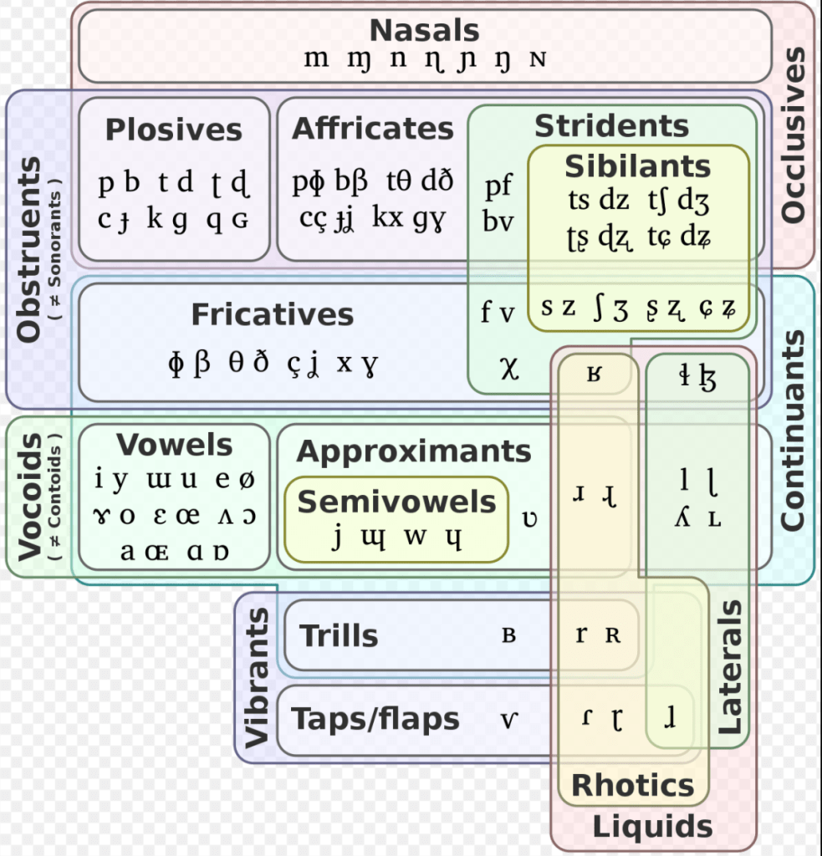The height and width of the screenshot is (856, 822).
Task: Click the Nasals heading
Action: pyautogui.click(x=424, y=31)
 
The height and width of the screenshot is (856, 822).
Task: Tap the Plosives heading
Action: pyautogui.click(x=173, y=130)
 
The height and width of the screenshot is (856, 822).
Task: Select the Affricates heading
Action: pyautogui.click(x=372, y=129)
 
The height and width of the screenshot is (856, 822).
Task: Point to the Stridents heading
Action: pyautogui.click(x=611, y=126)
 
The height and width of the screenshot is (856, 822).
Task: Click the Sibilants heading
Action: pyautogui.click(x=637, y=166)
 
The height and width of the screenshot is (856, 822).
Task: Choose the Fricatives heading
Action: pyautogui.click(x=272, y=314)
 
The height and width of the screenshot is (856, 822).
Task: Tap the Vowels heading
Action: pyautogui.click(x=174, y=444)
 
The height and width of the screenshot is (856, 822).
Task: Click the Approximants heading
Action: pyautogui.click(x=413, y=451)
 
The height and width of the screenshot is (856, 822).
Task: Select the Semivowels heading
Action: pyautogui.click(x=396, y=502)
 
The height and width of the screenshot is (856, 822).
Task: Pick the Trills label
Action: pyautogui.click(x=339, y=636)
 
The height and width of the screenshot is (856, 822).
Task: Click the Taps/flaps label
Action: pyautogui.click(x=375, y=718)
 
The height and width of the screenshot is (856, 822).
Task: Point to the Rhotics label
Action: pyautogui.click(x=632, y=785)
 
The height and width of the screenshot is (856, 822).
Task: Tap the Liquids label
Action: pyautogui.click(x=652, y=827)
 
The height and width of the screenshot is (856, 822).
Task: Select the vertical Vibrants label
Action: pyautogui.click(x=258, y=677)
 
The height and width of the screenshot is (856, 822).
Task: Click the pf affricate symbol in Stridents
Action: pyautogui.click(x=498, y=186)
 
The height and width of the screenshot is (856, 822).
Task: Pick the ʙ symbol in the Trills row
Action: pyautogui.click(x=508, y=635)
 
